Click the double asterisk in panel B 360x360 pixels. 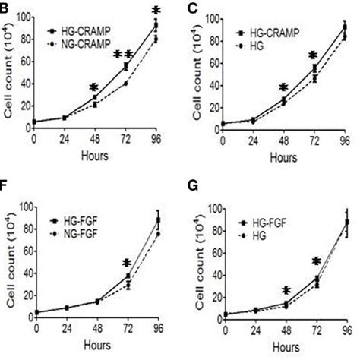pyautogui.click(x=123, y=55)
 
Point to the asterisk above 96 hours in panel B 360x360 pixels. pyautogui.click(x=156, y=11)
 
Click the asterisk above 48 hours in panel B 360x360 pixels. pyautogui.click(x=93, y=88)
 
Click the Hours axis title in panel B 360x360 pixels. pyautogui.click(x=95, y=156)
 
